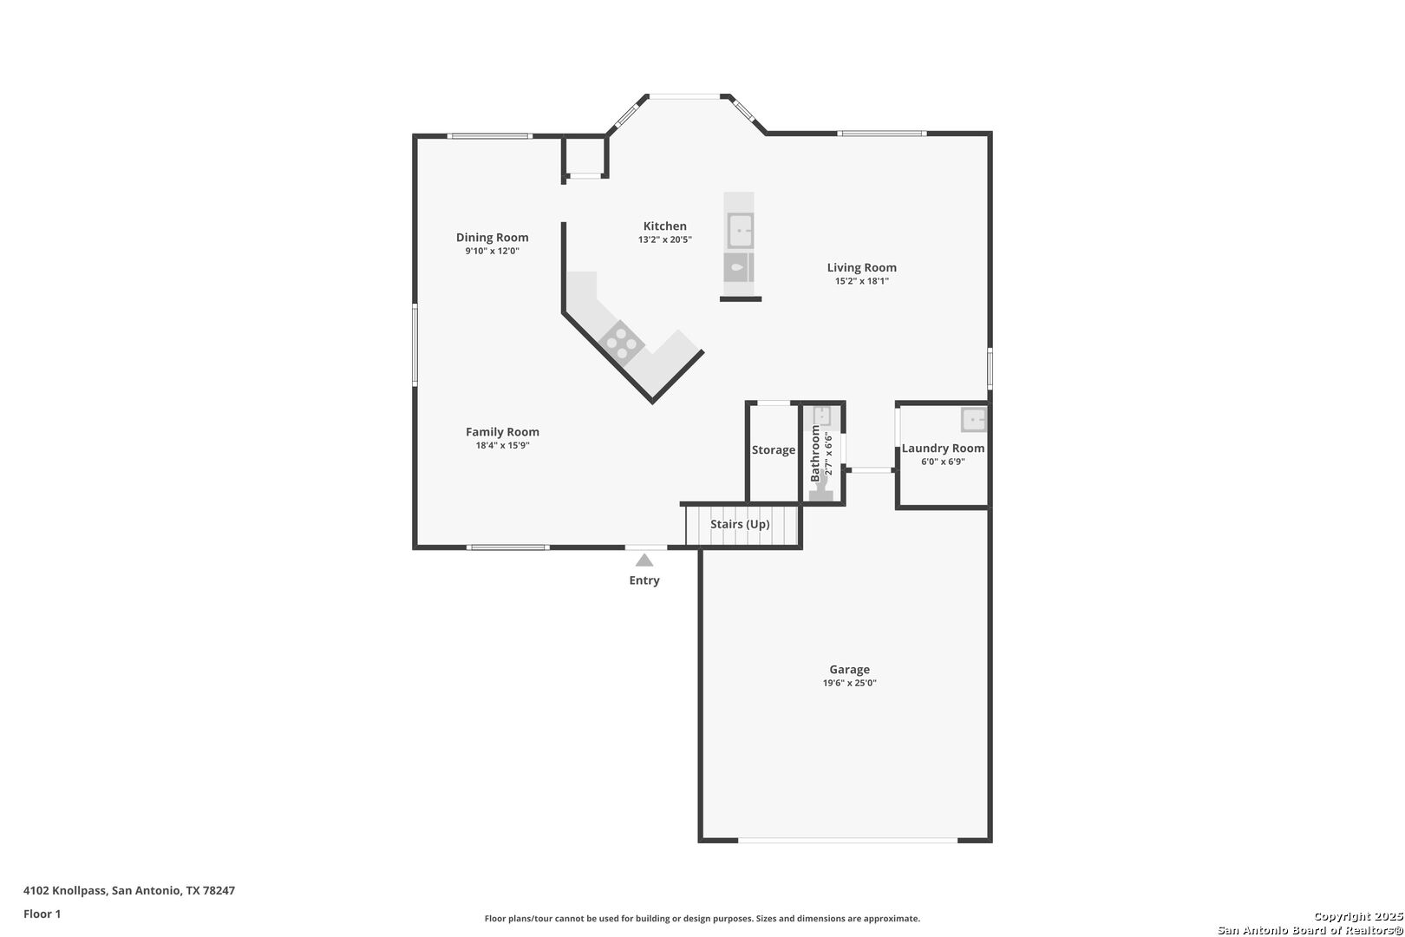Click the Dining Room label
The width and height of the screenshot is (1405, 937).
(x=492, y=237)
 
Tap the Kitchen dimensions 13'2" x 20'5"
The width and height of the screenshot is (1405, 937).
(x=665, y=239)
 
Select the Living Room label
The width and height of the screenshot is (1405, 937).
(x=862, y=267)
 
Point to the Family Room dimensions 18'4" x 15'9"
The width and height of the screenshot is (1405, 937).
(x=502, y=446)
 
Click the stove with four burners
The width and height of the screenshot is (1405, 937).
(x=622, y=343)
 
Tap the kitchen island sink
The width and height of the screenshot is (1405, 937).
(x=740, y=230)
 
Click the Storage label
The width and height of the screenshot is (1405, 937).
(x=774, y=450)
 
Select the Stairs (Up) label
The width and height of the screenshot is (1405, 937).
(x=740, y=524)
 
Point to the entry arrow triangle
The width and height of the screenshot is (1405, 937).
(x=644, y=560)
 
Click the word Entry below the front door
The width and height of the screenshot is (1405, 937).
(x=644, y=580)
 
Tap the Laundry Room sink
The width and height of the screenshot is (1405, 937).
(x=973, y=420)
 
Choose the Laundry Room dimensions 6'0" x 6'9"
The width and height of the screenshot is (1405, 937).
(x=943, y=462)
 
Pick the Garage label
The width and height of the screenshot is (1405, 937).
(x=849, y=670)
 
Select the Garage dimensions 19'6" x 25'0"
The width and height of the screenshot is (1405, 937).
(x=849, y=684)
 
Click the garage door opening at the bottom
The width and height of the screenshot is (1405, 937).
(x=847, y=840)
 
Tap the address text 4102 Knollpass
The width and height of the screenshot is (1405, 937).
(x=64, y=890)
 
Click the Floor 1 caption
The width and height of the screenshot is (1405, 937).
(x=42, y=914)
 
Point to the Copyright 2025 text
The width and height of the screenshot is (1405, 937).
(x=1358, y=916)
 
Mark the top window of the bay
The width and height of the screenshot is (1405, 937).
(x=684, y=96)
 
